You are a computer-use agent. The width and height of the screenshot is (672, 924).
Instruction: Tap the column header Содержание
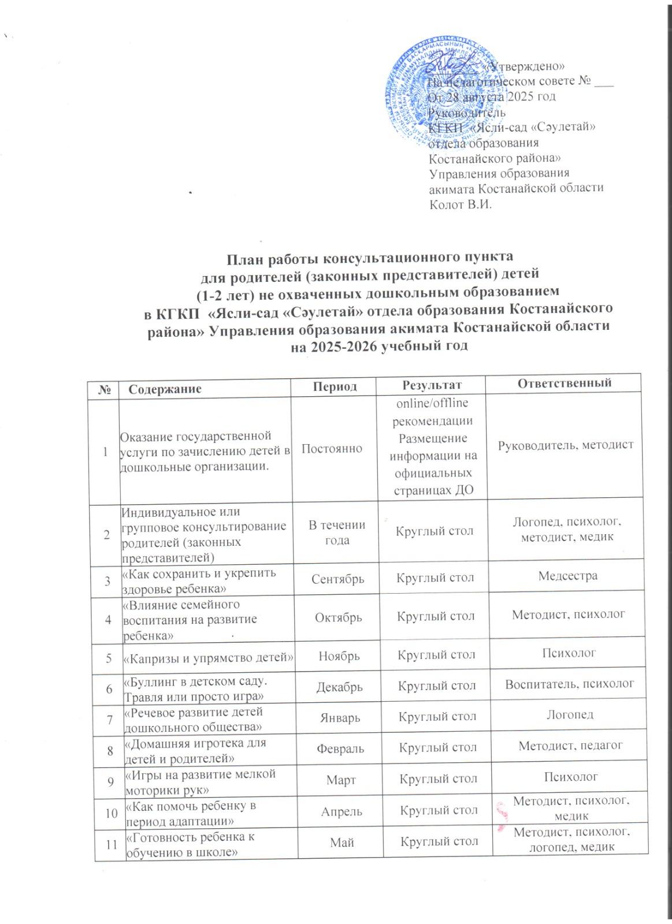pos(165,388)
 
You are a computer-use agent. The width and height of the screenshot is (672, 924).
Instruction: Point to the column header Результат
pos(430,385)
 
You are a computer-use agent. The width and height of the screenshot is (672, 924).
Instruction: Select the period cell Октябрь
pos(337,616)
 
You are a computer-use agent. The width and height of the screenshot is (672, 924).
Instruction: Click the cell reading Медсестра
pos(566,575)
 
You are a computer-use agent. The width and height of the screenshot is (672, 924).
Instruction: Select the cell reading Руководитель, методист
pos(566,444)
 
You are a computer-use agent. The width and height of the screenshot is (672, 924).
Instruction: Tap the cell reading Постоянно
pos(332,448)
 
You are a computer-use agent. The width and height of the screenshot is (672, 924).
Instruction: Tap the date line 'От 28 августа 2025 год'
pos(491,96)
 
